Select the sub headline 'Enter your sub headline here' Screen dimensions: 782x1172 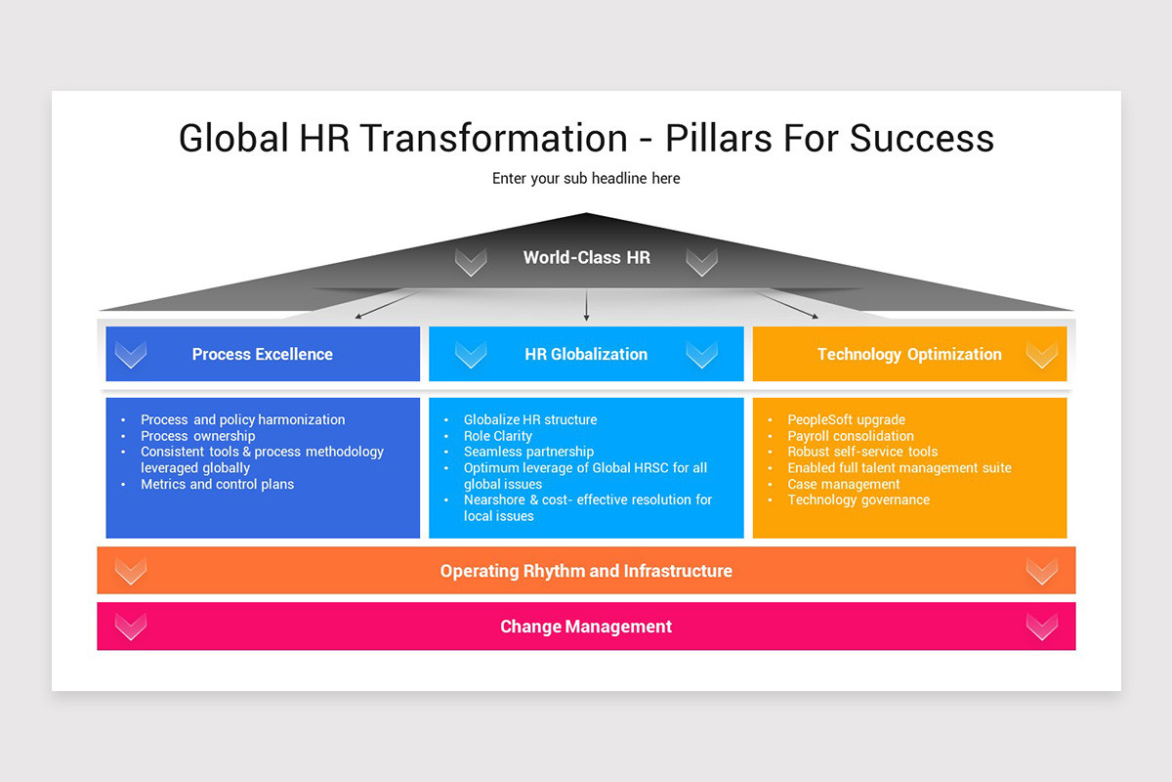pos(586,179)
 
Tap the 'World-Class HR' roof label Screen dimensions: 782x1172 pos(586,258)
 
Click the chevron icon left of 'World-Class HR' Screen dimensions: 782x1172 pos(471,261)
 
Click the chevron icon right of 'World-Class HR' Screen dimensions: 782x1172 pos(701,261)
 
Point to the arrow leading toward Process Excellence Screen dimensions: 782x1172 pos(386,306)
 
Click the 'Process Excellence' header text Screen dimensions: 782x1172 pos(262,355)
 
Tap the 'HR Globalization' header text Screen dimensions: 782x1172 pos(586,355)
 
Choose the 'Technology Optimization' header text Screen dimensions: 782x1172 pos(909,355)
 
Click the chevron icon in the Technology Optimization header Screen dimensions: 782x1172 pos(1042,354)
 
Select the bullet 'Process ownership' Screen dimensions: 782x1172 pos(197,436)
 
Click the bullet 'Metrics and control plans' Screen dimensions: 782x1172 pos(217,484)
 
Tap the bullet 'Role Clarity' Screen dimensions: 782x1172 pos(498,436)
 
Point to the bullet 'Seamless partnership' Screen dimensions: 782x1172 pos(528,452)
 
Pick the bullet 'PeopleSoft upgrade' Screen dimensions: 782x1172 pos(846,420)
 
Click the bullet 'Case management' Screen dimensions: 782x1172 pos(844,484)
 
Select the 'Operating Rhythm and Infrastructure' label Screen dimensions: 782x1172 pos(586,571)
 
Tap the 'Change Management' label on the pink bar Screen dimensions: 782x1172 pos(586,627)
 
